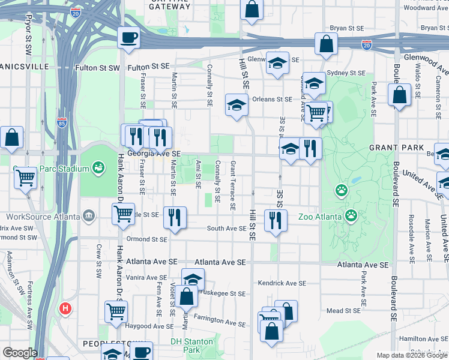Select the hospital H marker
65,309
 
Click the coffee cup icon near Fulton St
128,38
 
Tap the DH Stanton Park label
191,341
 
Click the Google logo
19,353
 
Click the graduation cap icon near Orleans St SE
237,106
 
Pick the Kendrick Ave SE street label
282,283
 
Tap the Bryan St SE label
347,28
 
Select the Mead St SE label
343,311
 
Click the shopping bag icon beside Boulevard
399,96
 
